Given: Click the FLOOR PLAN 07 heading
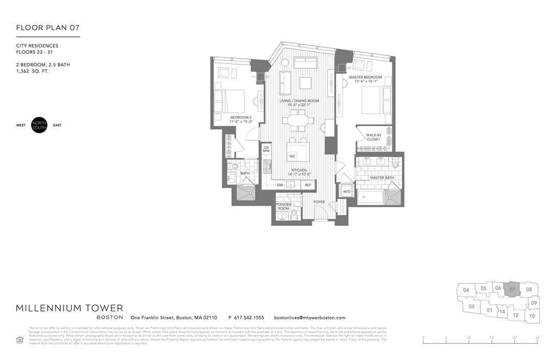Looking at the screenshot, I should pyautogui.click(x=48, y=28).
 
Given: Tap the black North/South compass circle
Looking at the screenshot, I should pyautogui.click(x=40, y=125).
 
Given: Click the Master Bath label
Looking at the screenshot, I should pyautogui.click(x=381, y=178).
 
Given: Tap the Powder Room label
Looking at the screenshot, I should pyautogui.click(x=283, y=207).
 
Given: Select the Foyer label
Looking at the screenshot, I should pyautogui.click(x=319, y=202).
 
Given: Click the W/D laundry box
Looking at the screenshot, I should pyautogui.click(x=346, y=191).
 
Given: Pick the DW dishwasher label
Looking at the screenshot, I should pyautogui.click(x=280, y=185).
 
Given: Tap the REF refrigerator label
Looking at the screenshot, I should pyautogui.click(x=308, y=185).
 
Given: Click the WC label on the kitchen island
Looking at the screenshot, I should pyautogui.click(x=292, y=156).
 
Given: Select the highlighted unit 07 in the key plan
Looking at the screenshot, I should pyautogui.click(x=511, y=290).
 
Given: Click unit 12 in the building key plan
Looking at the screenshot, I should pyautogui.click(x=516, y=315).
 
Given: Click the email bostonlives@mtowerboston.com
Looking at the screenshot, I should pyautogui.click(x=309, y=318).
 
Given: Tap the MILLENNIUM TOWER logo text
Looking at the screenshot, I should pyautogui.click(x=69, y=308).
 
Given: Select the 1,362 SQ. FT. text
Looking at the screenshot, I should pyautogui.click(x=33, y=71).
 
